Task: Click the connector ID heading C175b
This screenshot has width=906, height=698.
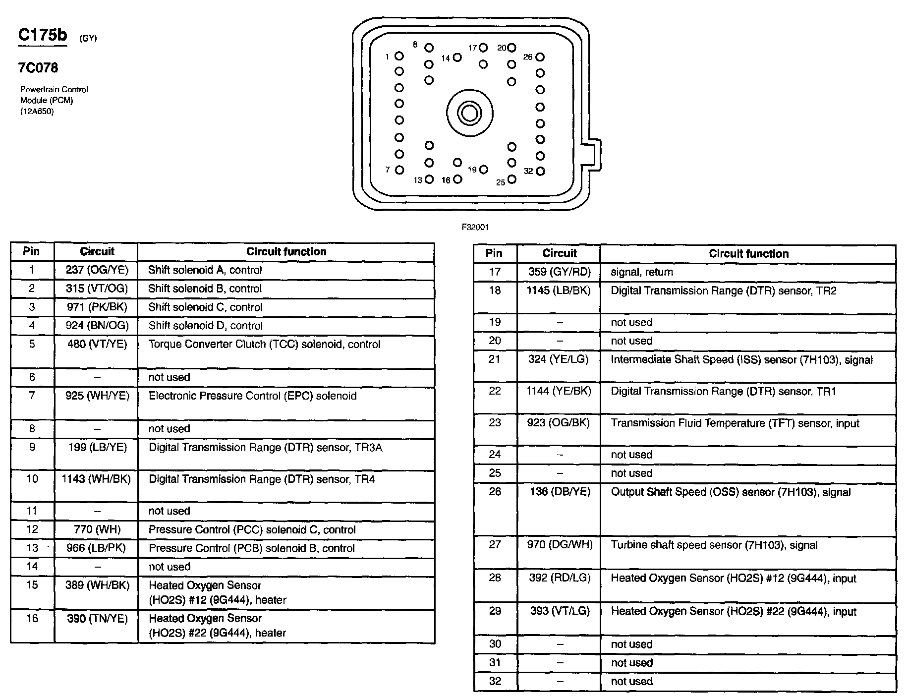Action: tap(42, 35)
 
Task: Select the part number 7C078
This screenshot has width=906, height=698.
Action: tap(38, 68)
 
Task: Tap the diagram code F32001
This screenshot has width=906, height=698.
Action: tap(475, 227)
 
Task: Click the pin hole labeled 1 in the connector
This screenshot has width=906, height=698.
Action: tap(399, 57)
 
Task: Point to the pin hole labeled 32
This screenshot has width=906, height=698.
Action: tap(540, 171)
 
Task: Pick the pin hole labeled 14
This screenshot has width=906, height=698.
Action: tap(457, 58)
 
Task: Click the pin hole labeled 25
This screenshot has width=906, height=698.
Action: tap(511, 179)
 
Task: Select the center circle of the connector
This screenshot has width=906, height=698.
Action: tap(469, 114)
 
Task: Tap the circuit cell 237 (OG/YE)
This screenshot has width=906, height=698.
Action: tap(97, 270)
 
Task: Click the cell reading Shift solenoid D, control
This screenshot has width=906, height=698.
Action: tap(205, 326)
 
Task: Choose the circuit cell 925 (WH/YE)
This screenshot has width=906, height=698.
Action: tap(97, 396)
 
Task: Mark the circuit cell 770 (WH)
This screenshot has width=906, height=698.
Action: tap(97, 529)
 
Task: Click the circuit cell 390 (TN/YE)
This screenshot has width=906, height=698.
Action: tap(97, 619)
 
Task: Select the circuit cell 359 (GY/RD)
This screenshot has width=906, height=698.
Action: tap(559, 272)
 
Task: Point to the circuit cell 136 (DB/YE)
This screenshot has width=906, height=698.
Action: tap(559, 492)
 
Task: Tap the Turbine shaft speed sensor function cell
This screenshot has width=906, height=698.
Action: tap(714, 545)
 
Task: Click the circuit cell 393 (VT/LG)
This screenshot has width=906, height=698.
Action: tap(559, 611)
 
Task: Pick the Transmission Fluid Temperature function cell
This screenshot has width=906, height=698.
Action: tap(735, 423)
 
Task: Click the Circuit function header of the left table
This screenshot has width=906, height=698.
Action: tap(286, 252)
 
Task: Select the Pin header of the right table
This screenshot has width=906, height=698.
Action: tap(494, 253)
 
